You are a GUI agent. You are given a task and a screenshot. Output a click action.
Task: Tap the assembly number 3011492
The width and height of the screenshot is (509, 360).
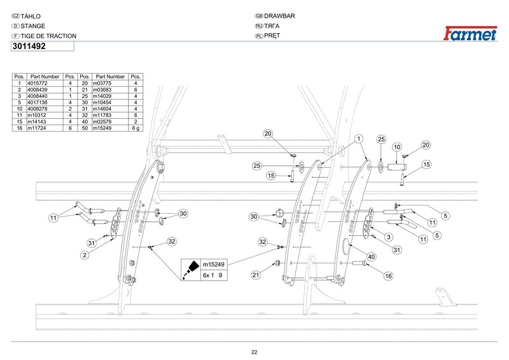(28, 46)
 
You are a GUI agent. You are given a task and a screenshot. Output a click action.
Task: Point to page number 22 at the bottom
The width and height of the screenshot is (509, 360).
(254, 352)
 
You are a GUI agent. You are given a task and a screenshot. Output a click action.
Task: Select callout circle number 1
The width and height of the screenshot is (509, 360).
(359, 138)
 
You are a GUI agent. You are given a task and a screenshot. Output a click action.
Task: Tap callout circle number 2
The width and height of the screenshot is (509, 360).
(84, 255)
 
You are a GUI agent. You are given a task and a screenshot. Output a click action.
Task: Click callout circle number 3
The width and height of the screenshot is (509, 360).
(387, 237)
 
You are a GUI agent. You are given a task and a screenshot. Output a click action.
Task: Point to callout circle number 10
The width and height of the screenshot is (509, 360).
(396, 147)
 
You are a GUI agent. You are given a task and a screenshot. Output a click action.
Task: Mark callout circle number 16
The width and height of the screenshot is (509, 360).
(388, 275)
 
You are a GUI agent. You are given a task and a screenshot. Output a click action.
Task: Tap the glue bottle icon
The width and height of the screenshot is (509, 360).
(188, 268)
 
